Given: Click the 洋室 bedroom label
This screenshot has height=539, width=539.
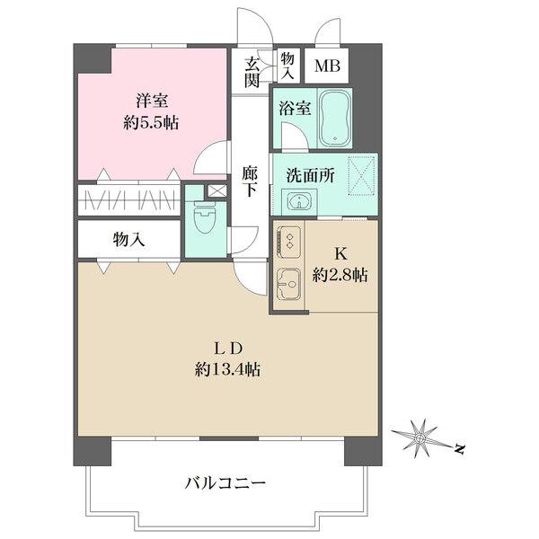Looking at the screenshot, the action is click(x=152, y=101).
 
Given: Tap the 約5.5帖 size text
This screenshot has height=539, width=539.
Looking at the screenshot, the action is click(x=151, y=122).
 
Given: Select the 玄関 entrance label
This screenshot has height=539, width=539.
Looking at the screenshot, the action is click(x=252, y=73).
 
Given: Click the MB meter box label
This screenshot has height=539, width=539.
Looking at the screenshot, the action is click(x=328, y=66).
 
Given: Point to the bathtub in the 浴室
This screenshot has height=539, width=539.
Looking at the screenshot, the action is click(x=335, y=117).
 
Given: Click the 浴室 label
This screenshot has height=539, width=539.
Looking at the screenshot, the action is click(x=295, y=109).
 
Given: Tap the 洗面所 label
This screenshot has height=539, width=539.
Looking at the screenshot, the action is click(x=311, y=176).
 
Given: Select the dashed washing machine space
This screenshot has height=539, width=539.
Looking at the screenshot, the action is click(x=362, y=176).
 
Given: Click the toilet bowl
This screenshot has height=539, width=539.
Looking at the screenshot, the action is click(x=204, y=218).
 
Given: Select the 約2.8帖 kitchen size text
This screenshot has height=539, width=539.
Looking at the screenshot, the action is click(x=340, y=276).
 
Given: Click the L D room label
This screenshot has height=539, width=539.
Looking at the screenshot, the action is click(x=228, y=349).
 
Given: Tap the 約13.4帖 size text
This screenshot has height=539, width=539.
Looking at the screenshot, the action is click(x=227, y=369).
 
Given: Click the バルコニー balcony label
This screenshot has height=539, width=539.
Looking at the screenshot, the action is click(x=225, y=484).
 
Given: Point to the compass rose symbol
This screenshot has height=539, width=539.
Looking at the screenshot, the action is click(x=420, y=438).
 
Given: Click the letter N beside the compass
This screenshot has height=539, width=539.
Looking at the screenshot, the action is click(x=459, y=448).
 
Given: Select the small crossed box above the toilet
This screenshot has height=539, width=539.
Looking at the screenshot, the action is click(x=216, y=190).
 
